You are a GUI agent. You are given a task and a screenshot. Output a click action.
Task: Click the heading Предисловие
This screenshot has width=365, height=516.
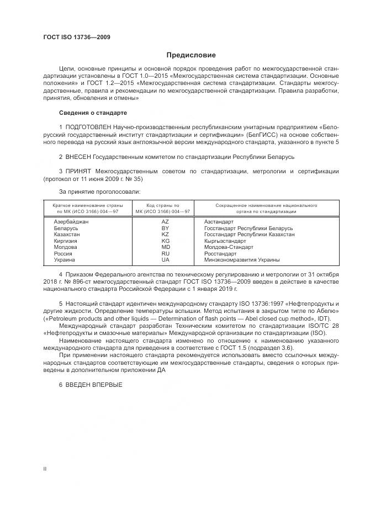(x=192, y=55)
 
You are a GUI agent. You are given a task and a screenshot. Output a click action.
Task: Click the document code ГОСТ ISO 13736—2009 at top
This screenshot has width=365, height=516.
(x=77, y=37)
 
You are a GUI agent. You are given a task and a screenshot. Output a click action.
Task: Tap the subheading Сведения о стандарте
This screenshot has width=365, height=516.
(x=93, y=113)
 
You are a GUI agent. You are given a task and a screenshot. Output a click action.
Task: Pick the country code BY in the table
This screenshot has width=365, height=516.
(x=165, y=228)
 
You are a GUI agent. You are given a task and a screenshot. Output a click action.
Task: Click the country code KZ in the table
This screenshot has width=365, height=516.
(x=165, y=234)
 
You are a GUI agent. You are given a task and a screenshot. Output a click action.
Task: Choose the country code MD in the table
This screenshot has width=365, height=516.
(x=165, y=247)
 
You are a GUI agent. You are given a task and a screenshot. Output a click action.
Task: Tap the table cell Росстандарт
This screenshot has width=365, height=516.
(x=220, y=253)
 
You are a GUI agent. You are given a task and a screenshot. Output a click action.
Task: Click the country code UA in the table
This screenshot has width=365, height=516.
(x=165, y=259)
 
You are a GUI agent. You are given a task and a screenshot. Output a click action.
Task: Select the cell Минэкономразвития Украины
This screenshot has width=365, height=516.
(x=242, y=259)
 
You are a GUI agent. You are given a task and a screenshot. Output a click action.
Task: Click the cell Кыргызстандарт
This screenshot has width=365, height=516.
(x=225, y=241)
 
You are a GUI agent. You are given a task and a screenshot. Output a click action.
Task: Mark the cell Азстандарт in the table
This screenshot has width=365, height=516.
(x=219, y=221)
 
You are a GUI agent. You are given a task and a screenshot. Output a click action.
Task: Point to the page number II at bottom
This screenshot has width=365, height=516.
(x=45, y=469)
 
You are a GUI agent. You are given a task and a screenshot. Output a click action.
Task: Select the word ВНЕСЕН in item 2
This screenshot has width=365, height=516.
(x=78, y=157)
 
